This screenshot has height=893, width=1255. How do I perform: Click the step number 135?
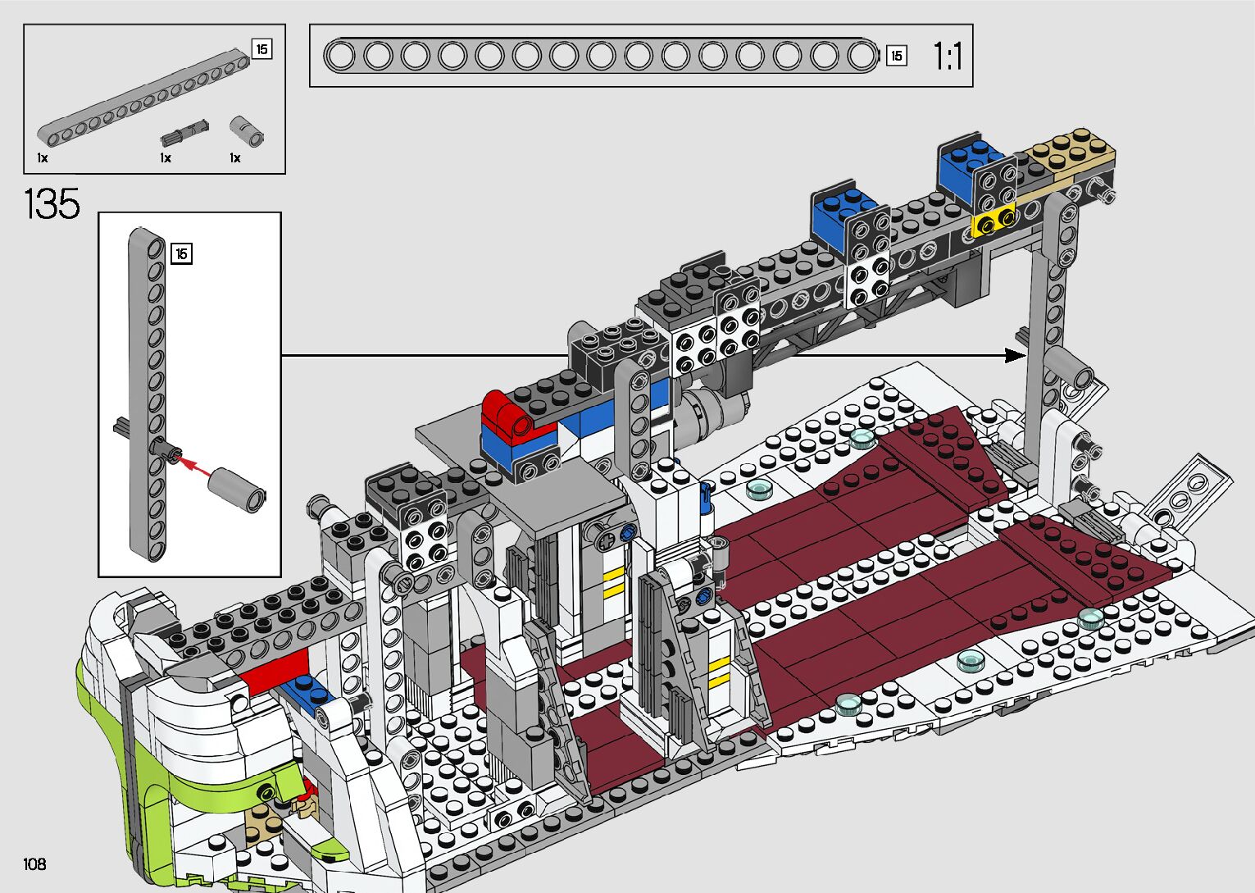pos(52,204)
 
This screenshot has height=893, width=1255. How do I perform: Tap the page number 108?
pos(34,863)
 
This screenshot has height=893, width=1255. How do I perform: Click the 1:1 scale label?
pos(948,57)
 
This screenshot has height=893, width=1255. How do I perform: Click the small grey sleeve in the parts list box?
pos(247,130)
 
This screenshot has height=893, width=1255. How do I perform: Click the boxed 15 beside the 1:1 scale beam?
pos(897,56)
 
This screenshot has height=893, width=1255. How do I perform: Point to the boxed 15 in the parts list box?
pos(261,49)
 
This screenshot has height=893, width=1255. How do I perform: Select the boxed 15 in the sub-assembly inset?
pos(181,254)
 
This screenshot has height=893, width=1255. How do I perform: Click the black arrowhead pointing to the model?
pos(1015,355)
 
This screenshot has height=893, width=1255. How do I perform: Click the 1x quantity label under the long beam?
pos(43,157)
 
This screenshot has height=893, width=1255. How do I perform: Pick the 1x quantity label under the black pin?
pos(166,157)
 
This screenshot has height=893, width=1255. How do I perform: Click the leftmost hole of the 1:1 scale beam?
pos(340,56)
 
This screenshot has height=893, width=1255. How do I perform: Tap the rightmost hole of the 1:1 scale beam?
pos(861,56)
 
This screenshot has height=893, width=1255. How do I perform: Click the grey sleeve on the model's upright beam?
pos(1070,367)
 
